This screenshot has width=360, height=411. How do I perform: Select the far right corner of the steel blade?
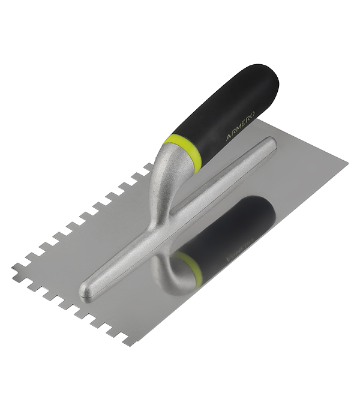pos(347,164)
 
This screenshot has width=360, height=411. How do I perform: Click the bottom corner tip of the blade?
pos(130,345)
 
